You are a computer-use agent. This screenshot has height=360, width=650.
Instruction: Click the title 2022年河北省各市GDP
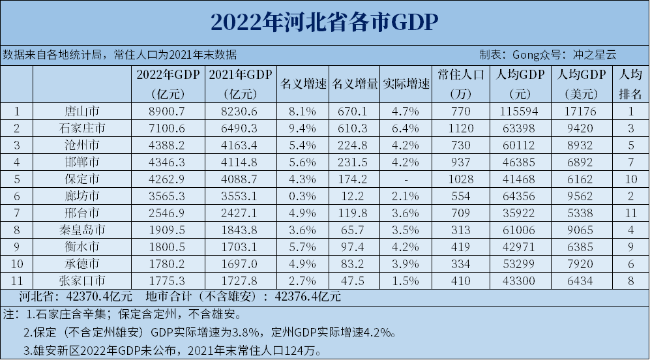(324, 22)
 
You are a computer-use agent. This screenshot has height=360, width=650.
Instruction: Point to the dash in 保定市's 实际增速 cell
(406, 179)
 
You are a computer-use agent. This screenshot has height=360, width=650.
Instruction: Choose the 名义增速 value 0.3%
(303, 196)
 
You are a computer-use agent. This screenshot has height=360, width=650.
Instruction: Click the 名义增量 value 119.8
(355, 213)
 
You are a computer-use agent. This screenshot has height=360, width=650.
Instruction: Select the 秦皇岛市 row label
(82, 230)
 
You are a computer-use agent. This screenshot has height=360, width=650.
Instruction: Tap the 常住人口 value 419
(460, 247)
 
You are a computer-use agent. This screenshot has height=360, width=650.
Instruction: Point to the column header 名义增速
(303, 84)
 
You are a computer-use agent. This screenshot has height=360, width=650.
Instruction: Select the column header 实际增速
(406, 84)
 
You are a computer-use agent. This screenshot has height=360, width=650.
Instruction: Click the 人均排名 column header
(630, 84)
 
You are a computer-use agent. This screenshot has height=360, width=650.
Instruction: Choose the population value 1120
(460, 128)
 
